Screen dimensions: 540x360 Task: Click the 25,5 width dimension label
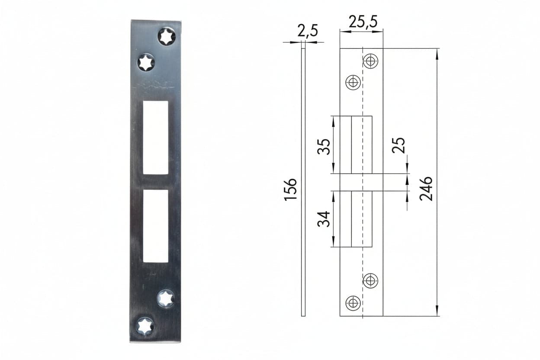pyautogui.click(x=363, y=22)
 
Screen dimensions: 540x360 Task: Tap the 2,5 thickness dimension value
pyautogui.click(x=308, y=31)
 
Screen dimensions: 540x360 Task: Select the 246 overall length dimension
pyautogui.click(x=426, y=189)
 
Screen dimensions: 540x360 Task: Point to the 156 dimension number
pyautogui.click(x=290, y=190)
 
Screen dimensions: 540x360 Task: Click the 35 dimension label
pyautogui.click(x=324, y=147)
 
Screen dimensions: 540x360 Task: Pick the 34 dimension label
pyautogui.click(x=324, y=219)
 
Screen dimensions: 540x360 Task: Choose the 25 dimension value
pyautogui.click(x=398, y=145)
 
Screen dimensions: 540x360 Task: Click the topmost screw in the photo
pyautogui.click(x=167, y=37)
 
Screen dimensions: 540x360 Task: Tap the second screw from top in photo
pyautogui.click(x=146, y=62)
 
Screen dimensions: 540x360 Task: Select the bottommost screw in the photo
pyautogui.click(x=145, y=326)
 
